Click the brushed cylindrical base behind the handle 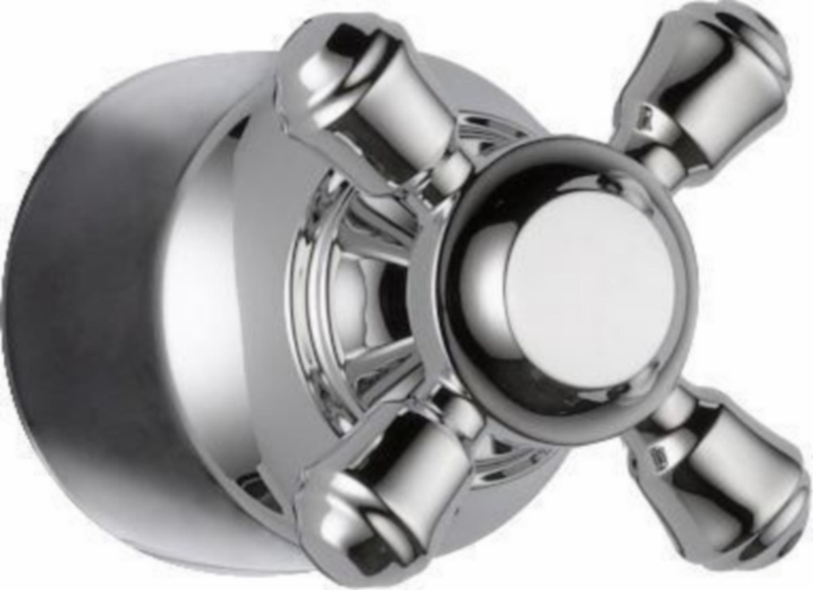tap(87, 318)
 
